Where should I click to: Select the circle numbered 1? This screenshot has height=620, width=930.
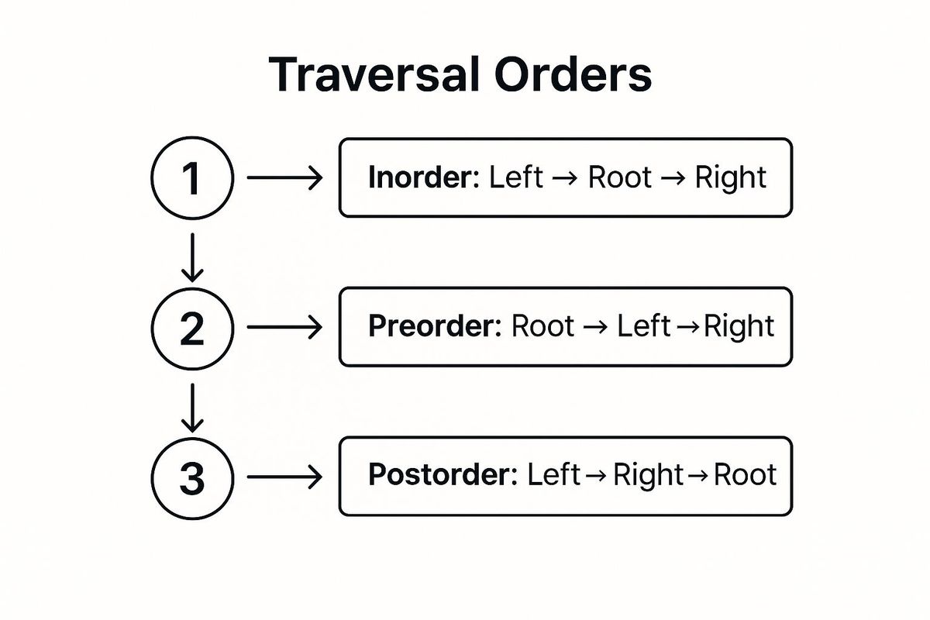point(191,179)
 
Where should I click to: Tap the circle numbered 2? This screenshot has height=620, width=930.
point(191,328)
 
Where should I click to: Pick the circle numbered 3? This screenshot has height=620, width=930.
point(191,477)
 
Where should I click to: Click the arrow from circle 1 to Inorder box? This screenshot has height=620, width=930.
point(284,179)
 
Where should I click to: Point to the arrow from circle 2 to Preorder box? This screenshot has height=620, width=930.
point(284,328)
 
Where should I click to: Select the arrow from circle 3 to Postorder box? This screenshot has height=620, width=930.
point(284,477)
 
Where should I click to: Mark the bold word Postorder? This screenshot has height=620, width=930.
point(442,475)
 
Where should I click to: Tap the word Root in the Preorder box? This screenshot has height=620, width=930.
point(542,327)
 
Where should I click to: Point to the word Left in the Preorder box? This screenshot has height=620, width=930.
point(643,327)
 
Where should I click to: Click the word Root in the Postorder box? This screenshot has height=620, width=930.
point(745,475)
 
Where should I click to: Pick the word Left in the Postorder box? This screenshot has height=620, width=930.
point(553,475)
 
